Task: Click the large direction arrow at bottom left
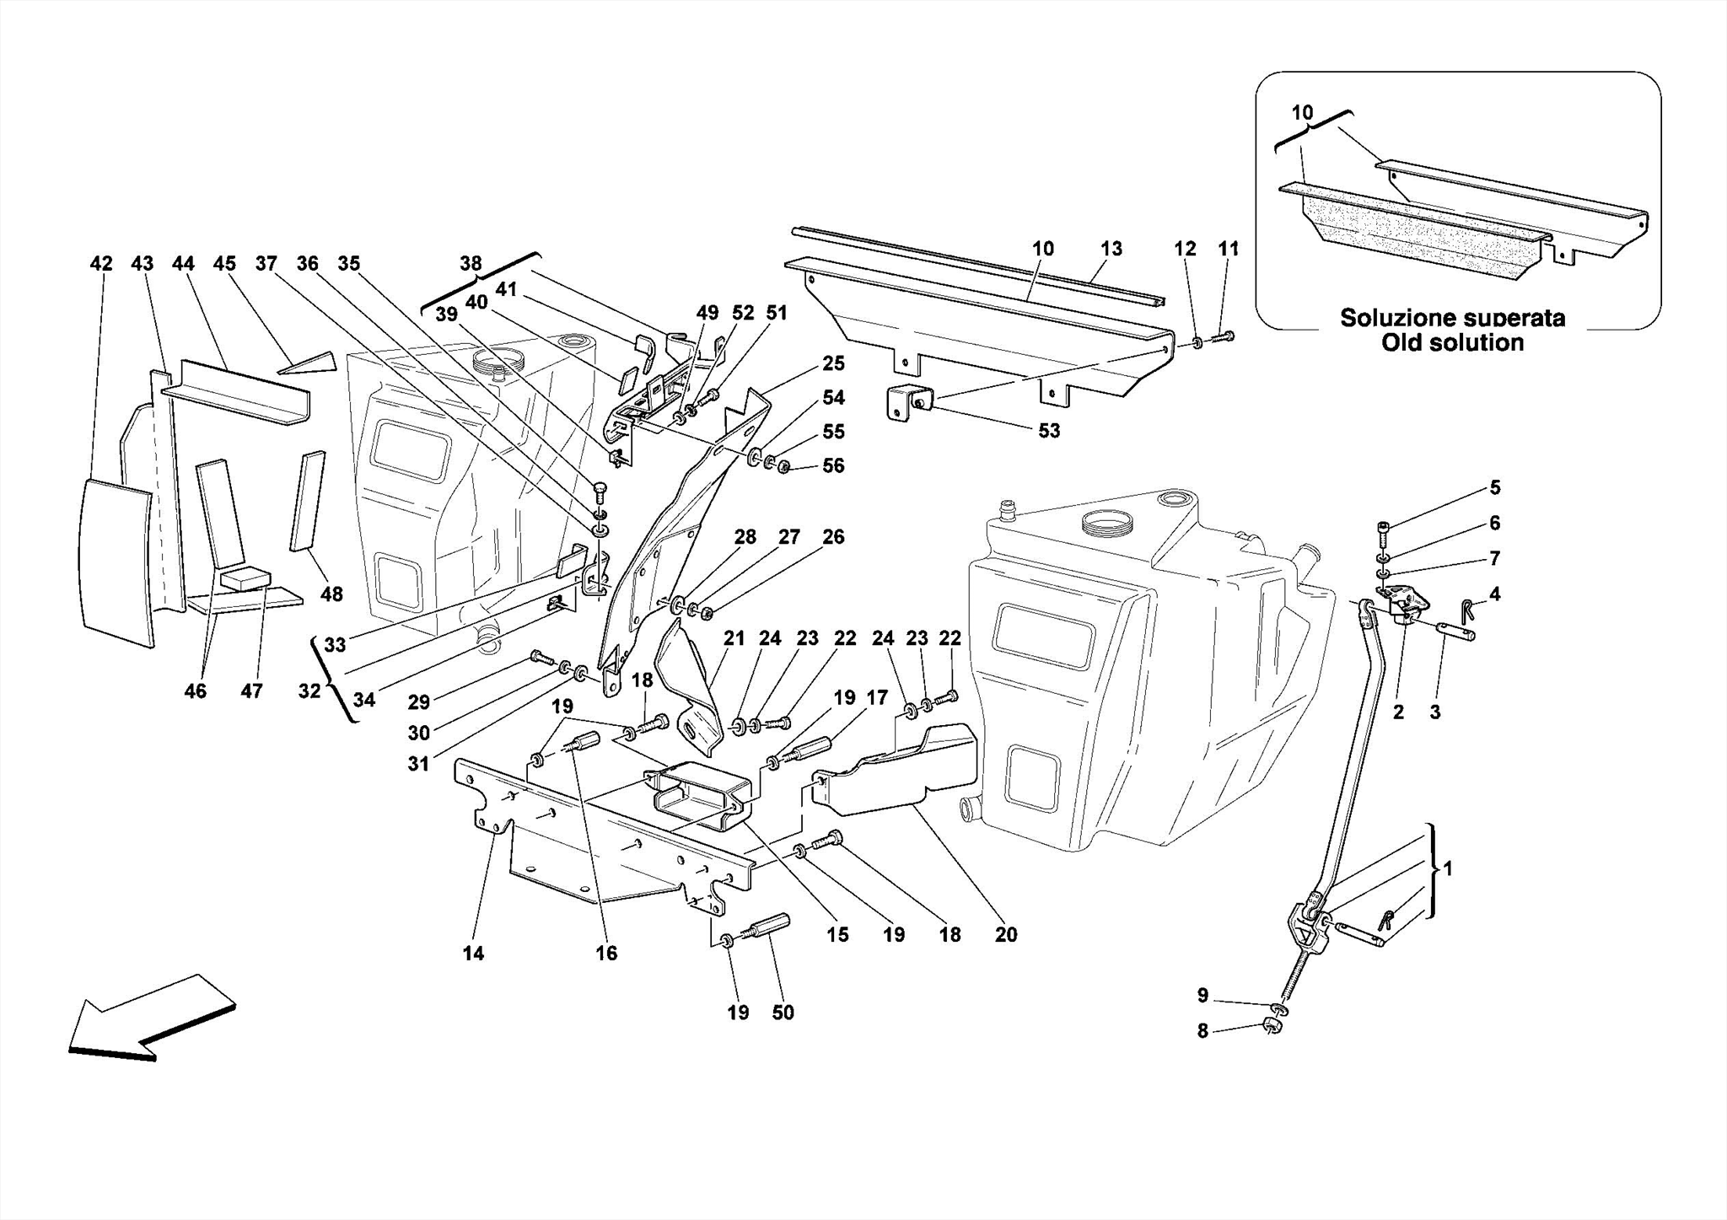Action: [x=150, y=1017]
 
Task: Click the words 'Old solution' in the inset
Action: [x=1452, y=342]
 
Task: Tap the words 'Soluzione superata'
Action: [x=1452, y=318]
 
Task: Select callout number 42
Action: [x=101, y=264]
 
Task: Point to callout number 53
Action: [x=1048, y=431]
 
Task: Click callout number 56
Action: [x=833, y=466]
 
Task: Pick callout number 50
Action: [x=783, y=1013]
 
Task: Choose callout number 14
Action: [x=473, y=954]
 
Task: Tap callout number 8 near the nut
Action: [x=1202, y=1030]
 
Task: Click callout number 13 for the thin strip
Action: [x=1111, y=249]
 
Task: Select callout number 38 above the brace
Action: [x=471, y=263]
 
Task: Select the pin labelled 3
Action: [x=1456, y=631]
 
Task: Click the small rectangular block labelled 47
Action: [x=245, y=578]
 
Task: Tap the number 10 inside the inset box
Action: [x=1302, y=113]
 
